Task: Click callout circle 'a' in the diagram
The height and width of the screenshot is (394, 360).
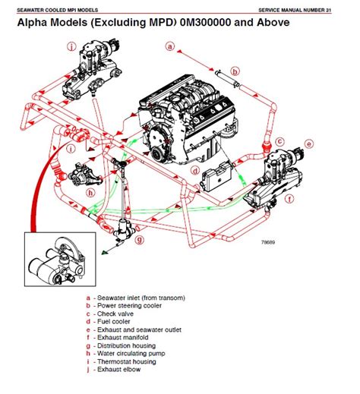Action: coord(171,46)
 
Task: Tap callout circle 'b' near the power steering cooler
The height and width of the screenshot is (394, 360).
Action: coord(235,73)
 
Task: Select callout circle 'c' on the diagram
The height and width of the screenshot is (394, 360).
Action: coord(280,141)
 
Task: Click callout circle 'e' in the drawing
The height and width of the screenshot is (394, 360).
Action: coord(308,143)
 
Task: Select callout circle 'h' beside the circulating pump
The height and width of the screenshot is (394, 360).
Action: coord(90,193)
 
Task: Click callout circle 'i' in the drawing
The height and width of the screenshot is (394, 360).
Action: coord(70,148)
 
